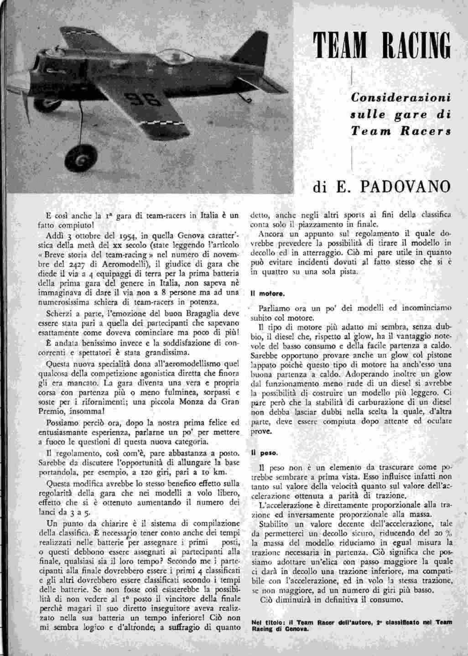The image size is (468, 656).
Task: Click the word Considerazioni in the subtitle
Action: pyautogui.click(x=400, y=97)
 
